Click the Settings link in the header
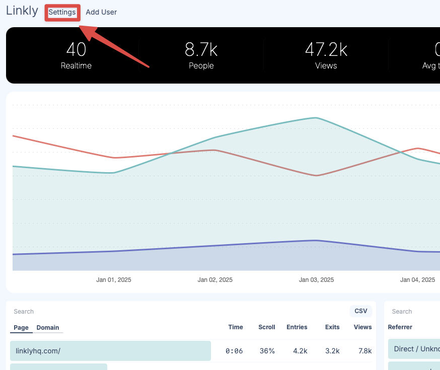62,12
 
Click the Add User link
101,12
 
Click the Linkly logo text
22,11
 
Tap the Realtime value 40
76,50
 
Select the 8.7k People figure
201,50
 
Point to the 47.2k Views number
326,50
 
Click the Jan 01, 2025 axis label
114,280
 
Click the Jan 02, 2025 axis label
215,280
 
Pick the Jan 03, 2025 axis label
316,280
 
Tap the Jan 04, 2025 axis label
417,280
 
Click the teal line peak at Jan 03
316,118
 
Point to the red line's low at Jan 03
316,176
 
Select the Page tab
21,328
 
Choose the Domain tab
48,328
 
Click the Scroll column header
266,327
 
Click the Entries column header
297,327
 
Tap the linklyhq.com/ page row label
38,351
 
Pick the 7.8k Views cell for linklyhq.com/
362,351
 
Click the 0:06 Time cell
234,351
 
